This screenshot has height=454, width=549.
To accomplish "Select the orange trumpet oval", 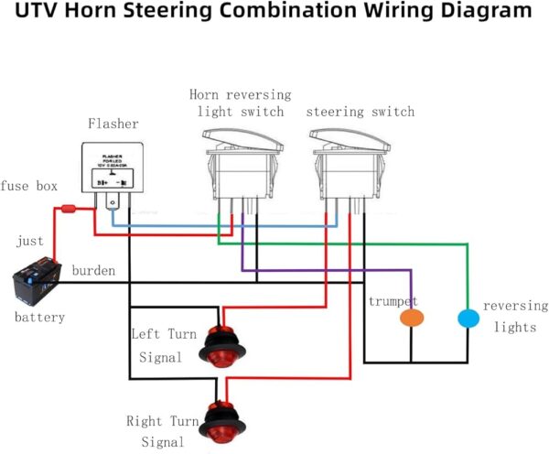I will tap(413, 319).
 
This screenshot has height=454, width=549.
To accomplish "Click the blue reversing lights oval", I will tap(468, 319).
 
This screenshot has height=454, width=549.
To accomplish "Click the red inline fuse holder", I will tap(67, 210).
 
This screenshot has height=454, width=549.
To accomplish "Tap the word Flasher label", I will tap(113, 123).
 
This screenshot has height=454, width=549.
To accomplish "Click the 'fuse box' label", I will tap(29, 186).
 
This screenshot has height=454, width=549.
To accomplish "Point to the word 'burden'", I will tap(93, 272).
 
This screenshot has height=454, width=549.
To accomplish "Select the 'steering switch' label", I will tap(360, 112).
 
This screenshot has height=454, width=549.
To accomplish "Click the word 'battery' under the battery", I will tap(39, 318).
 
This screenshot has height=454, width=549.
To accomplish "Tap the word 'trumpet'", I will tap(393, 301).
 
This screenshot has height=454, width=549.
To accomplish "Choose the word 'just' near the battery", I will tap(30, 242).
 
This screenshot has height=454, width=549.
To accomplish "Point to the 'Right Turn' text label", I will tap(163, 422).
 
